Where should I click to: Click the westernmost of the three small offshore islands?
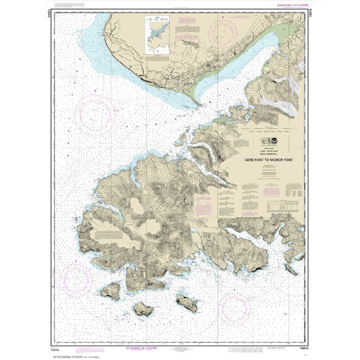pyautogui.click(x=110, y=292)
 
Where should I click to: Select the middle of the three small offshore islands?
pyautogui.click(x=142, y=309)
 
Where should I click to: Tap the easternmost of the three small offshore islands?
pyautogui.click(x=187, y=302)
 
